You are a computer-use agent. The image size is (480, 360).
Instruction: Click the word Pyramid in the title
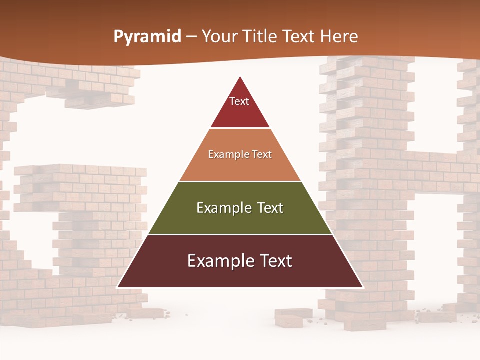pyautogui.click(x=147, y=37)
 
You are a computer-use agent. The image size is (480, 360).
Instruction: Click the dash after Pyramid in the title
pyautogui.click(x=191, y=37)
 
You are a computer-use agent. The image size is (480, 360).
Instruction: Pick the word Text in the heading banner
pyautogui.click(x=299, y=36)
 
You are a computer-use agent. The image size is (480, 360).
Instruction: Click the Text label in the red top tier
pyautogui.click(x=239, y=101)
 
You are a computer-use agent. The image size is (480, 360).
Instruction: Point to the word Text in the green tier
pyautogui.click(x=270, y=208)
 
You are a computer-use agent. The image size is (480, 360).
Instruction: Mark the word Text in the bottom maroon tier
pyautogui.click(x=274, y=261)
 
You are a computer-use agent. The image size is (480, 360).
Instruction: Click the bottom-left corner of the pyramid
pyautogui.click(x=118, y=287)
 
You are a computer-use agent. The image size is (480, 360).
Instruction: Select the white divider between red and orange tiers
pyautogui.click(x=240, y=128)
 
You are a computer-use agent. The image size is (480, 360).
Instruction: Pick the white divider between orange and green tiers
pyautogui.click(x=240, y=181)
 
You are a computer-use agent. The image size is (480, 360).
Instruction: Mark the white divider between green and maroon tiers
pyautogui.click(x=240, y=234)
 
